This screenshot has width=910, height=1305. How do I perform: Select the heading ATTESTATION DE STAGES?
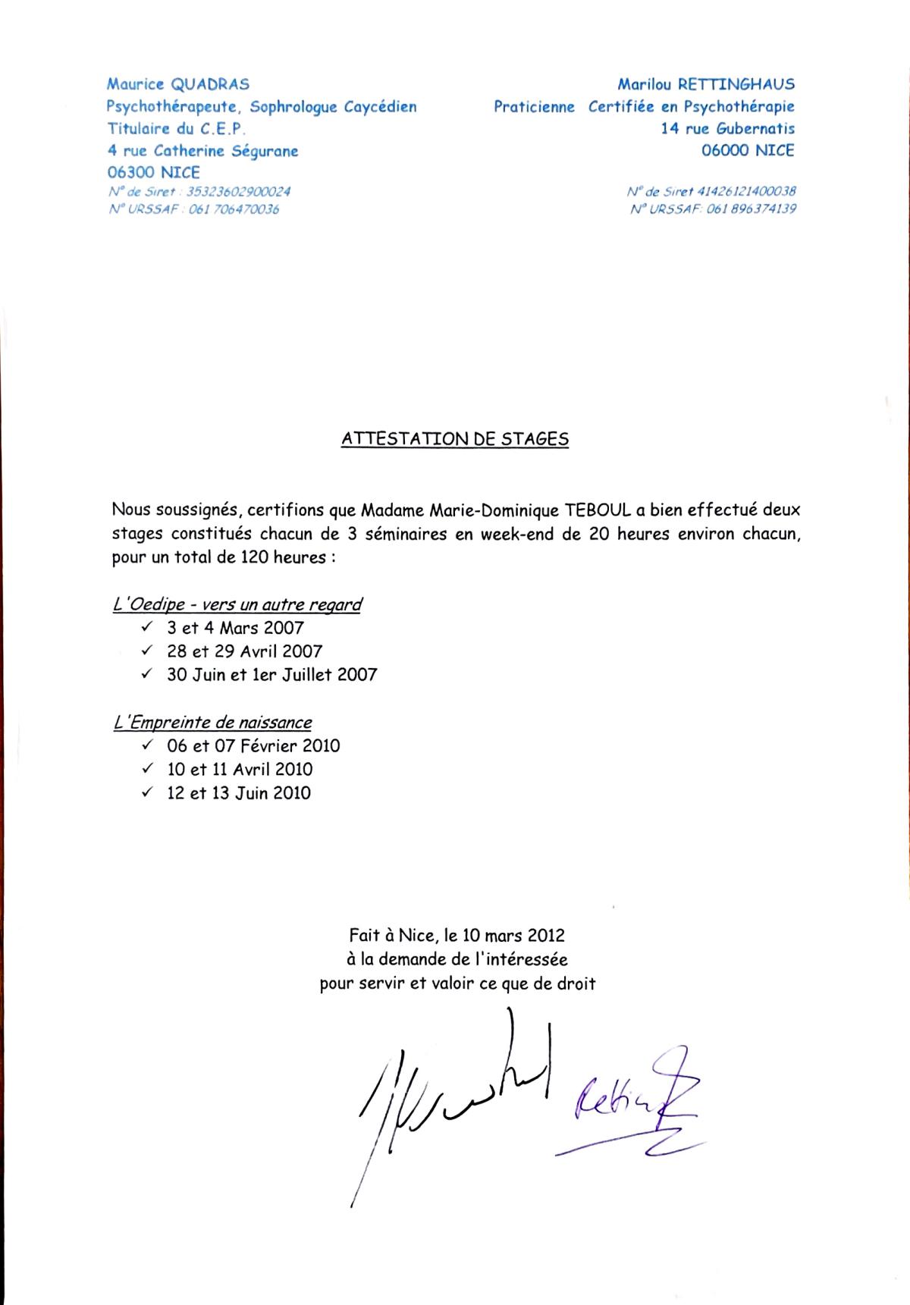tap(455, 439)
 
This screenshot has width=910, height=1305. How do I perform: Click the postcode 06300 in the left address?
tap(132, 172)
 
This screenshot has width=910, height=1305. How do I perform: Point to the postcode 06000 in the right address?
tap(726, 150)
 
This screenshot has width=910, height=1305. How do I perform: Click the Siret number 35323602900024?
tap(238, 192)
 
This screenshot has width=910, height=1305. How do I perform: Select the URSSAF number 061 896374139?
tap(751, 209)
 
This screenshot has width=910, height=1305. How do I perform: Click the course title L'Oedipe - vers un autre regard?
tap(237, 604)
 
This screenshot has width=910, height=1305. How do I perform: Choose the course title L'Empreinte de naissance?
tap(212, 723)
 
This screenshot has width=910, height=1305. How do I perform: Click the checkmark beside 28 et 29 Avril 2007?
tap(147, 651)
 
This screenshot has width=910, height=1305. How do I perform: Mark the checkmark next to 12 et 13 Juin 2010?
tap(147, 792)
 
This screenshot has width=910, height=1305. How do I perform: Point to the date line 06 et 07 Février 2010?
tap(253, 745)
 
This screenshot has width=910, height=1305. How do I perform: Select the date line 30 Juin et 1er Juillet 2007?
tap(271, 674)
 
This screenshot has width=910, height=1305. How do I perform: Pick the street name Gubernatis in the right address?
tap(755, 128)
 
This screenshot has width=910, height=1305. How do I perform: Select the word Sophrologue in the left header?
tap(293, 107)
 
